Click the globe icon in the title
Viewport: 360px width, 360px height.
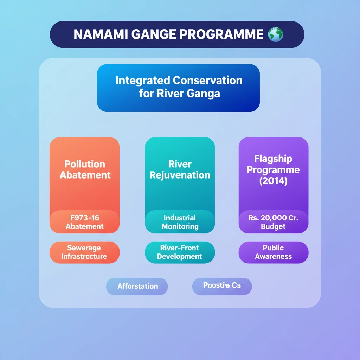[275, 34]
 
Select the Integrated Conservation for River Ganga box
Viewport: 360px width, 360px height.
[178, 88]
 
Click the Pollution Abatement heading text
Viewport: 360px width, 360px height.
[85, 169]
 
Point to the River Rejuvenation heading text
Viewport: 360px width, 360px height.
[180, 169]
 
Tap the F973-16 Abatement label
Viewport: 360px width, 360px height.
[85, 222]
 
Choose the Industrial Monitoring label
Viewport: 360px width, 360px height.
[180, 222]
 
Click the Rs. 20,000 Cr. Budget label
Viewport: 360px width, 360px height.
[273, 222]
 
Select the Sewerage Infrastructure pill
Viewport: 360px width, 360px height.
[84, 252]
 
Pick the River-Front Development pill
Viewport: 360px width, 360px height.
[180, 252]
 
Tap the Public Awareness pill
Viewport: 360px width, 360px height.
[273, 252]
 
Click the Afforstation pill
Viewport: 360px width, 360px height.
[137, 286]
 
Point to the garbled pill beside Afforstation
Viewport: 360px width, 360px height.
[222, 285]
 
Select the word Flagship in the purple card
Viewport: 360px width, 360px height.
[273, 159]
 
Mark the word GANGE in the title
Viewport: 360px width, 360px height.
[156, 34]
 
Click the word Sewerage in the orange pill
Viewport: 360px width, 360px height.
[84, 248]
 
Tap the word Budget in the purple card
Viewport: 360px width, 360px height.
[273, 227]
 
